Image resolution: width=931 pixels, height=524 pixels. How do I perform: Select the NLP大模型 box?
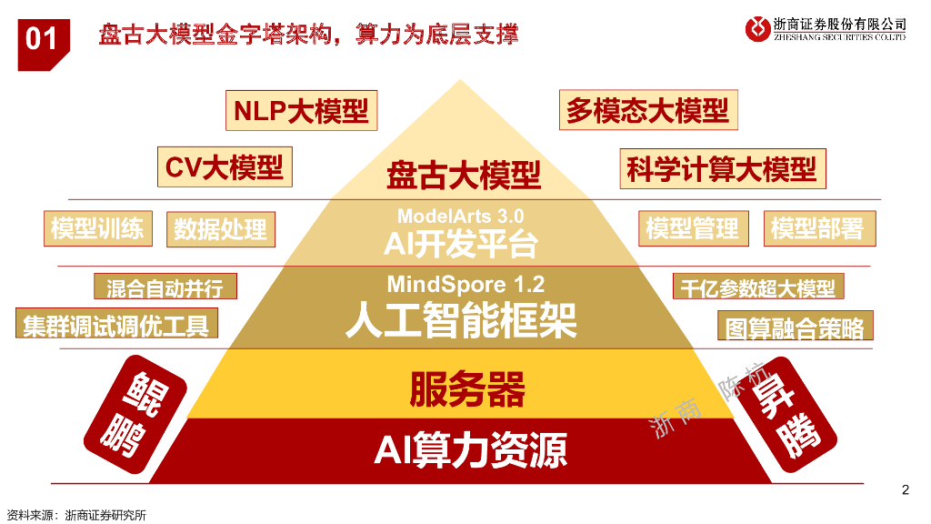coord(301,111)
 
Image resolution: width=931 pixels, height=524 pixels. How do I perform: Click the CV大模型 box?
coord(224,167)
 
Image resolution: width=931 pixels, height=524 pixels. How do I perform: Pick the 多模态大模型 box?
coord(647,111)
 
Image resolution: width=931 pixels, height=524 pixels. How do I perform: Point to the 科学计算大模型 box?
coord(722,169)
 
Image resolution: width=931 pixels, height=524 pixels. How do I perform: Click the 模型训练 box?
coord(97,228)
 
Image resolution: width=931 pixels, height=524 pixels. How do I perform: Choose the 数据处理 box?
coord(220,229)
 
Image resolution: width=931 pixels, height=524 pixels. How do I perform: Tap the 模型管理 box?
coord(692,229)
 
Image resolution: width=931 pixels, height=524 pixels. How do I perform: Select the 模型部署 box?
coord(817,229)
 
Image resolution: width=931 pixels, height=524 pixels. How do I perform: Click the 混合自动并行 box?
coord(165,287)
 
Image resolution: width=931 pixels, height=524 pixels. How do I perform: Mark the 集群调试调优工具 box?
coord(116,324)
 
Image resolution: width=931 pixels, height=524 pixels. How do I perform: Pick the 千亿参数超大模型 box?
coord(757,287)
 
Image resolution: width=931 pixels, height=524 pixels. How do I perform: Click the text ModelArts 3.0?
coord(460,217)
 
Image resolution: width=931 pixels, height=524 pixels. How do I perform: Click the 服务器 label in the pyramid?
coord(466,390)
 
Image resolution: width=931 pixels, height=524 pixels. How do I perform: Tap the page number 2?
coord(905,490)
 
